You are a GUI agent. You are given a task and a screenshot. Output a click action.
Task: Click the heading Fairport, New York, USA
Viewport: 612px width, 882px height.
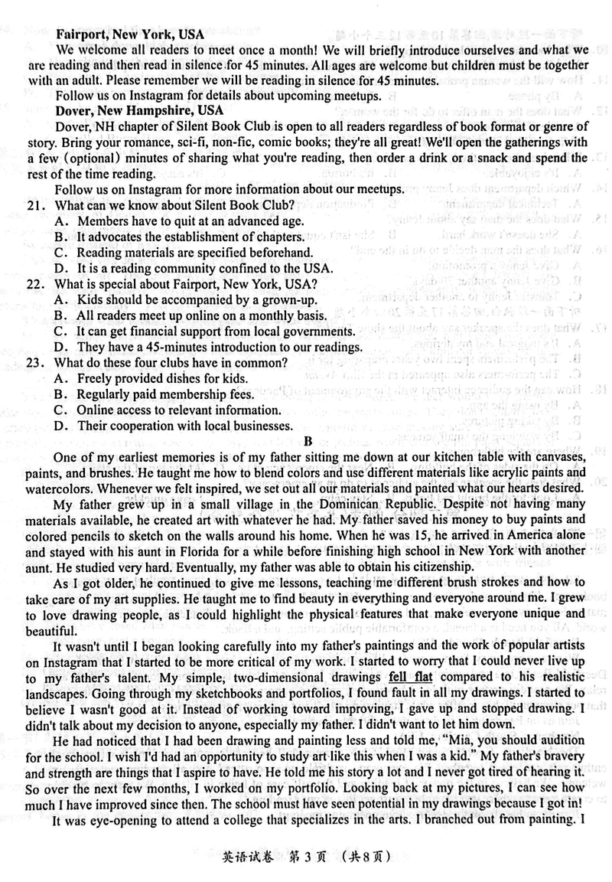coord(129,35)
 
